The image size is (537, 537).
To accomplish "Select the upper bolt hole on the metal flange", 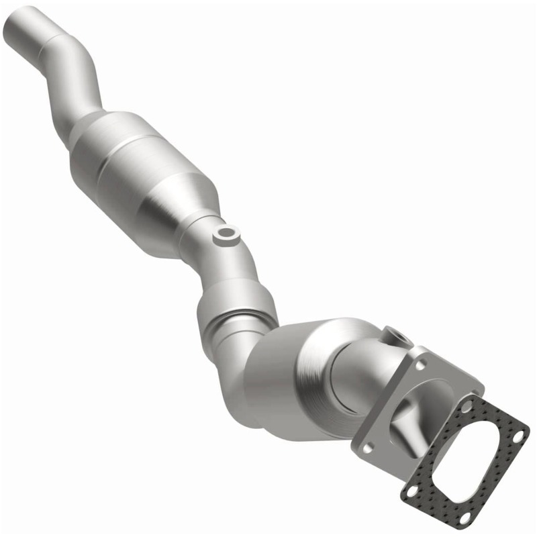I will [421, 363].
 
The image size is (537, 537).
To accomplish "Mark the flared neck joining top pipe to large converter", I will [87, 124].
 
